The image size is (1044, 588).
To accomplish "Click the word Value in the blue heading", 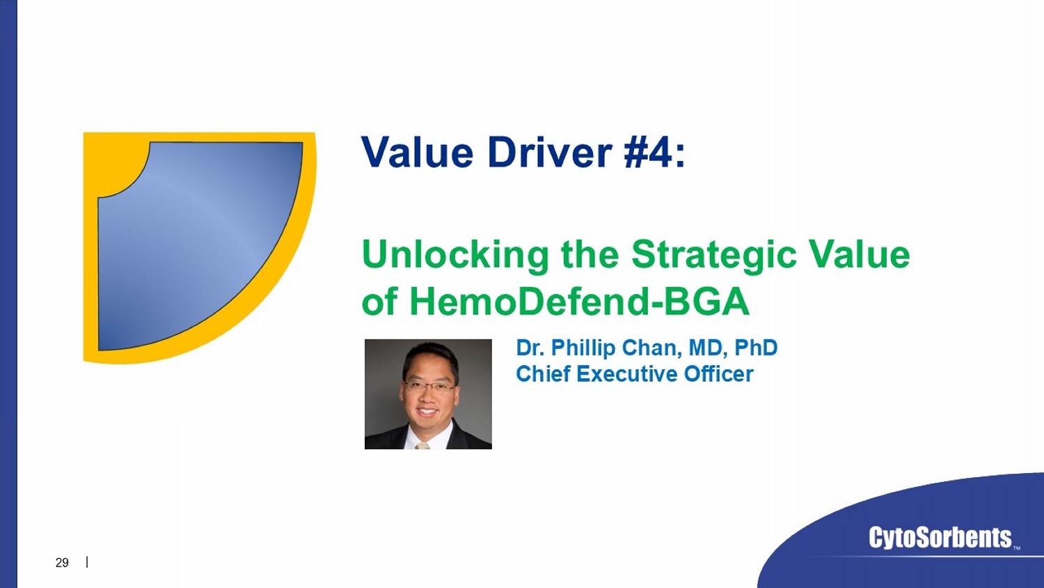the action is pos(417,152).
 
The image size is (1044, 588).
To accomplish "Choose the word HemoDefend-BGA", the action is pos(579,302).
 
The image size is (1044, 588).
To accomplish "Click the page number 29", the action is pos(62,563).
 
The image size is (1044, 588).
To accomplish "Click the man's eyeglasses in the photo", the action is pos(429,387).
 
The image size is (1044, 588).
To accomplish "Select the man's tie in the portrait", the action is pos(422,446).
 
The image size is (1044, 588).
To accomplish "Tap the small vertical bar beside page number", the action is pos(87,562).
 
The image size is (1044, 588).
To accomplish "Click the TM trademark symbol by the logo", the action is pos(1016,548).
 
